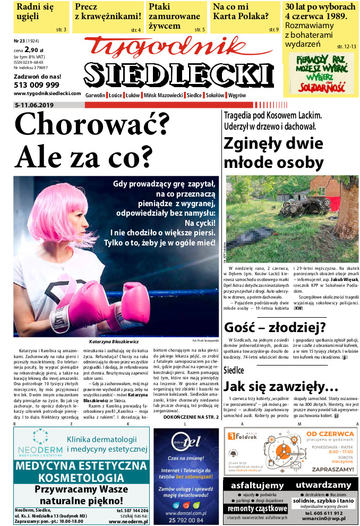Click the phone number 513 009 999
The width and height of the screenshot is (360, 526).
(x=37, y=84)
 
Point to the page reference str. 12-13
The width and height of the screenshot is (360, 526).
(x=346, y=46)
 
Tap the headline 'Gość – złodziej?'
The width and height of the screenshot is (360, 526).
(x=275, y=327)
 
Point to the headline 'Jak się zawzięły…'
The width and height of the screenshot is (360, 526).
(x=281, y=386)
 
